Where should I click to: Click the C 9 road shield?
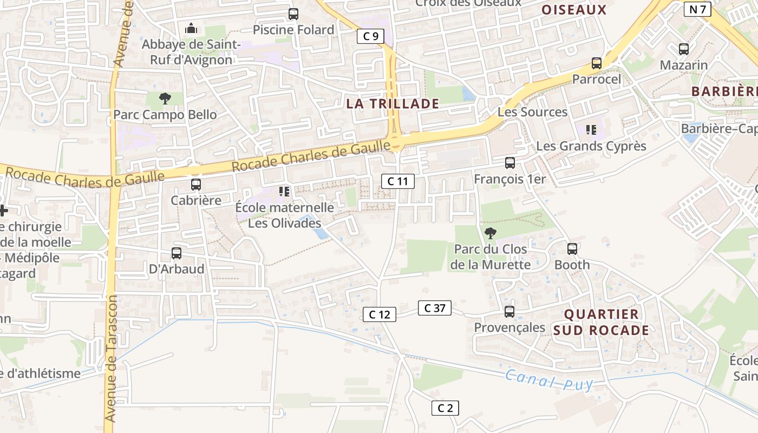coord(371,36)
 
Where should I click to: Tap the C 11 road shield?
coord(397,181)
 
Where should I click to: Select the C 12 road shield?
coord(379,314)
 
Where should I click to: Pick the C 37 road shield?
coord(434,308)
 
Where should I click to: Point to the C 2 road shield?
coord(445,408)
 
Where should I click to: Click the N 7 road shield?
coord(697,9)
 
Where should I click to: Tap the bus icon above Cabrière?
coord(196,185)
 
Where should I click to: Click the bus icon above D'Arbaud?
coord(177,253)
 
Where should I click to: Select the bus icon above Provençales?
coord(509,312)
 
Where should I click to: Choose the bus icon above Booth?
coord(572,249)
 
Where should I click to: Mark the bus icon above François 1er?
coord(509,163)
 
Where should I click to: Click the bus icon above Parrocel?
coord(597,63)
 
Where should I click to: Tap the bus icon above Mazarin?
coord(684,49)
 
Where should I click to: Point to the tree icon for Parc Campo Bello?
coord(165,99)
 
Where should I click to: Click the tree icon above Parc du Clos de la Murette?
coord(491,233)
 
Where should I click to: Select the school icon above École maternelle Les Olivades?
coord(284,192)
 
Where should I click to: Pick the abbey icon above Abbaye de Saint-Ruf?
coord(191,28)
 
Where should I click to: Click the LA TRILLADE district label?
coord(393,104)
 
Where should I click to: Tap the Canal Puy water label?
coord(549,380)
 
